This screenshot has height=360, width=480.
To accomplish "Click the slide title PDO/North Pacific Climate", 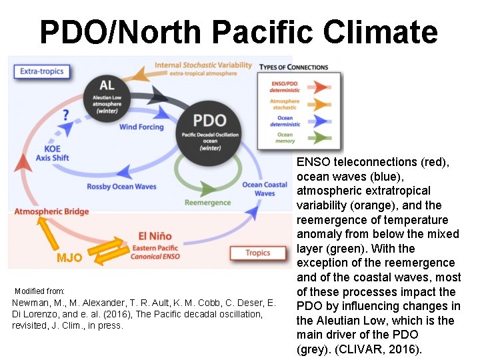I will (238, 31).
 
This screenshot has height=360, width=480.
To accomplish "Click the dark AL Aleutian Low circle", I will (106, 95).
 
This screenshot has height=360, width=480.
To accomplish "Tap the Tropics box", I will (257, 253).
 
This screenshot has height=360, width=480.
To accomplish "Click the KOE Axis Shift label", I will (52, 153).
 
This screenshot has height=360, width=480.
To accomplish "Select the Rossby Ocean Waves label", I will (121, 186).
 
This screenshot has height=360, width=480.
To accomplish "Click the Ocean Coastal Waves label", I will (265, 189).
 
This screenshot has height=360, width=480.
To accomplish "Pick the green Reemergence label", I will (207, 203).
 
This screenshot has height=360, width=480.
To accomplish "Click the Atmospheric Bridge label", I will (52, 212).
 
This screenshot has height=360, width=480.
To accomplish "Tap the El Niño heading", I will (154, 236).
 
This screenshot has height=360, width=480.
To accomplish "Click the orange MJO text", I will (69, 258).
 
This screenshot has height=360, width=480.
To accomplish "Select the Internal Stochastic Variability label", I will (203, 65).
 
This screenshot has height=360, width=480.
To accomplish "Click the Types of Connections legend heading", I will (293, 67).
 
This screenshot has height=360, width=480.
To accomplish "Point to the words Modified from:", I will (39, 291).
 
